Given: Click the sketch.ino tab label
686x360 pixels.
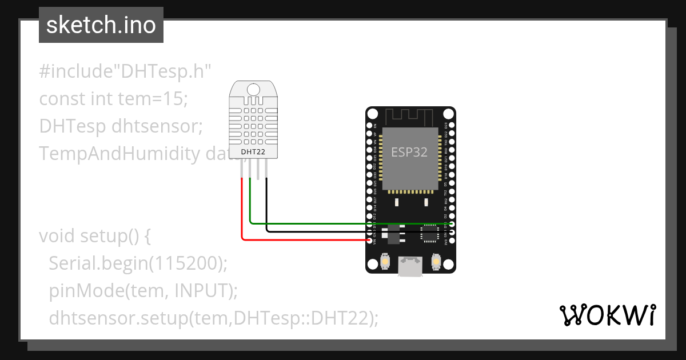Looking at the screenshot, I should [x=101, y=25].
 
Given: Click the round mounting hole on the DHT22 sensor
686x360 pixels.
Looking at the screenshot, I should [x=253, y=89].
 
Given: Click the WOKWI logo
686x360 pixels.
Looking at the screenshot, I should [x=607, y=315].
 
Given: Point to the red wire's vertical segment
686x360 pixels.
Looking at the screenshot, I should [x=242, y=209].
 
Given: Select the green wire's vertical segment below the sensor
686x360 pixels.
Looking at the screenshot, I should [x=250, y=200].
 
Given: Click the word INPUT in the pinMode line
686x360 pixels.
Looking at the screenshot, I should [x=202, y=290].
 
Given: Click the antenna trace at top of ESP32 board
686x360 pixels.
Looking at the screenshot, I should [x=410, y=117].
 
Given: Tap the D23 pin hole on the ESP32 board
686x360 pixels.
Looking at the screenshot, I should [x=452, y=125].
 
